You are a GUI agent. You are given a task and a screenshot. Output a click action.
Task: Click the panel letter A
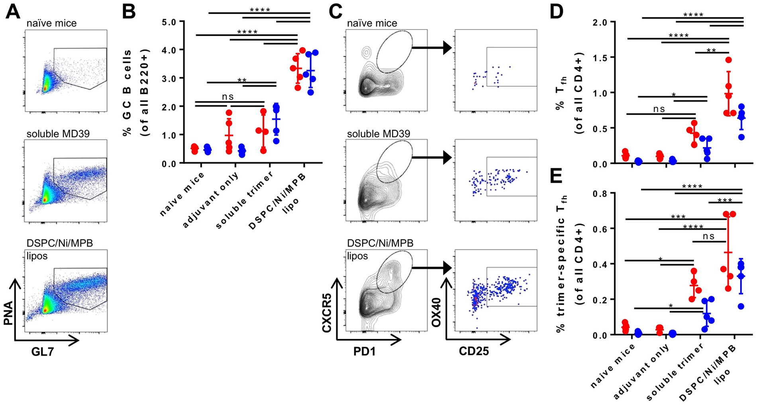(13, 12)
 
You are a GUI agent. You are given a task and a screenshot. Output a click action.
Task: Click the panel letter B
(128, 12)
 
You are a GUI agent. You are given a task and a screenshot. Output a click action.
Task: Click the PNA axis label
(8, 313)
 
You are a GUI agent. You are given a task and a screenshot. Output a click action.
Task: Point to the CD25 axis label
(473, 351)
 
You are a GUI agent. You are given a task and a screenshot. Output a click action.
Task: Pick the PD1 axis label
(364, 351)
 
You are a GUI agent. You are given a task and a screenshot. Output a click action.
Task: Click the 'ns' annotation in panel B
(227, 97)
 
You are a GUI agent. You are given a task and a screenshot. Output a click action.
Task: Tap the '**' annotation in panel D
(711, 51)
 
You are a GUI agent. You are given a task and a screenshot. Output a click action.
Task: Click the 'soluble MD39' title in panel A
(58, 134)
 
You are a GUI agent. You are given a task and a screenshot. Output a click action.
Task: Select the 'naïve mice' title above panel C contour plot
(372, 23)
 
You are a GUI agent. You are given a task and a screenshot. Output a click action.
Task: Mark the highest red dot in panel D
(729, 60)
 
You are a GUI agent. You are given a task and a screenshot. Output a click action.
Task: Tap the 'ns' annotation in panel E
(708, 237)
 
